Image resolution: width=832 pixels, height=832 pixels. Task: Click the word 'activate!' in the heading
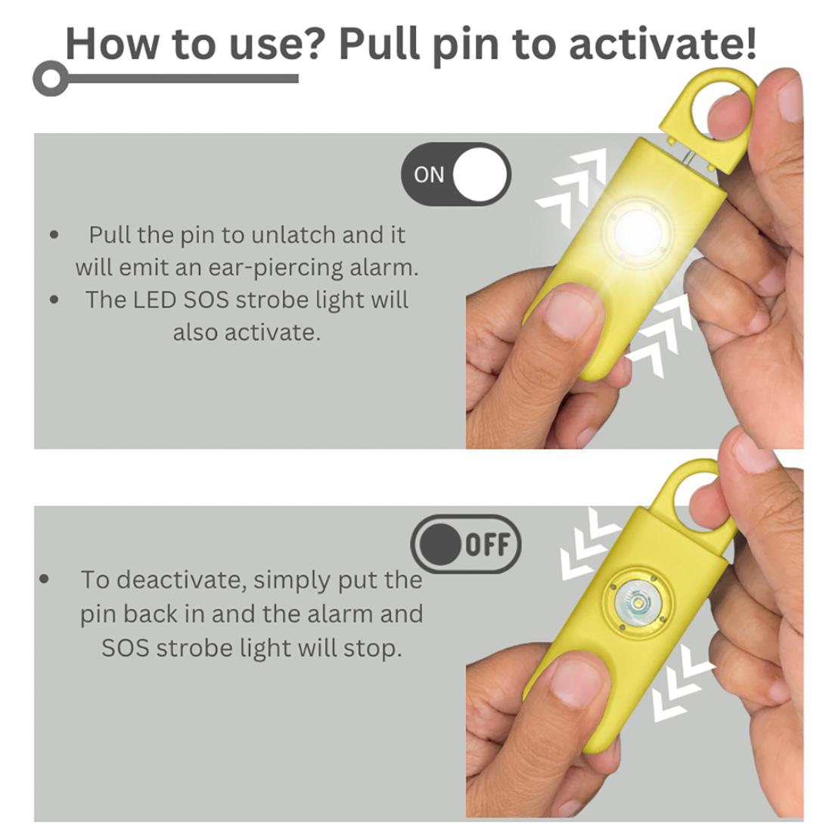click(x=663, y=44)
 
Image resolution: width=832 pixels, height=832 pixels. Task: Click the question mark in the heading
click(x=315, y=42)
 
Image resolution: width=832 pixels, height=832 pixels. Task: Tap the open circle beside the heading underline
click(x=51, y=79)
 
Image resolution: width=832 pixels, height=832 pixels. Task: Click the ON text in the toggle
click(x=429, y=175)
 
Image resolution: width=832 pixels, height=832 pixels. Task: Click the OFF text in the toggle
click(x=488, y=545)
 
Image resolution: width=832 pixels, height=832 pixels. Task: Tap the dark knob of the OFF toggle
click(x=440, y=545)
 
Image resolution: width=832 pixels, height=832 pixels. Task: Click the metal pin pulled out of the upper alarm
click(x=689, y=158)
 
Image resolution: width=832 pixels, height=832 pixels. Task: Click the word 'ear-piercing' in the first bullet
click(x=275, y=269)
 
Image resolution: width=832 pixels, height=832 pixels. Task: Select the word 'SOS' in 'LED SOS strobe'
click(x=206, y=300)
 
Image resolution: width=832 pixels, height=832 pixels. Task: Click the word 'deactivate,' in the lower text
click(x=182, y=580)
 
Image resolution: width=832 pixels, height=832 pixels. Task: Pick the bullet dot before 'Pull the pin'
click(x=54, y=235)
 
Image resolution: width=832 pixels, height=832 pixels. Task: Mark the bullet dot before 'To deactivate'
click(x=44, y=579)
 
